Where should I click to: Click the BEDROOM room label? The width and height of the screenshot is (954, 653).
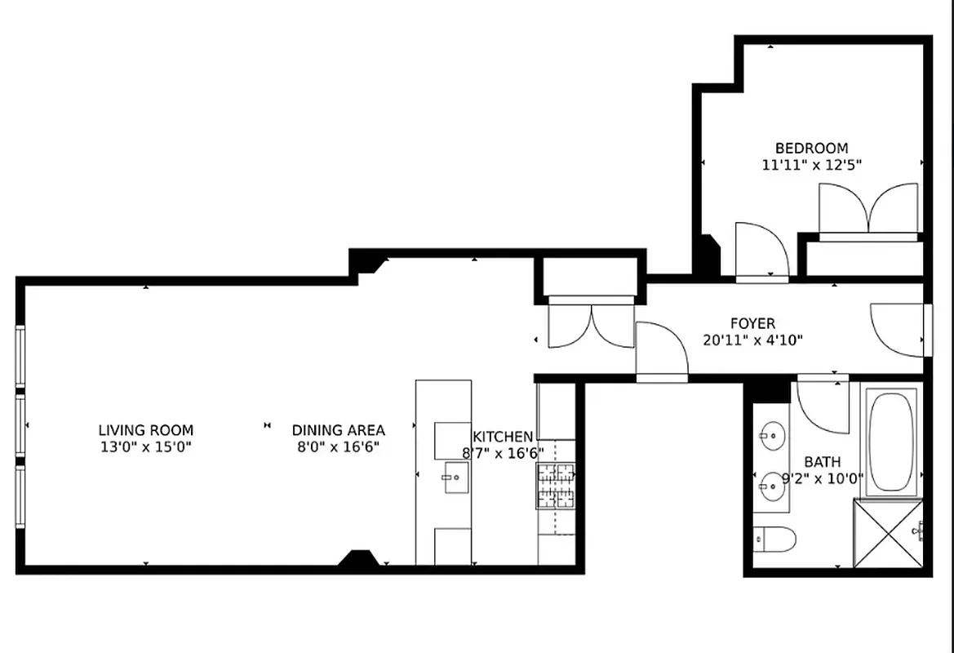point(811,149)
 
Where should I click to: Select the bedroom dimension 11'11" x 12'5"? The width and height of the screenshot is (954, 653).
point(811,164)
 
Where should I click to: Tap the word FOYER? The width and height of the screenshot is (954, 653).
point(752,324)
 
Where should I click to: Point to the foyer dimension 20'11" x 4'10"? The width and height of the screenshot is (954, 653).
point(752,340)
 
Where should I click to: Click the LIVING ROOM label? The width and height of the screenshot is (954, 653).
point(146,430)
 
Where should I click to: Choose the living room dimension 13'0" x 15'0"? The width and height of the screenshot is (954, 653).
point(146,446)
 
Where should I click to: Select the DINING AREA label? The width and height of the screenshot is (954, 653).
point(339,430)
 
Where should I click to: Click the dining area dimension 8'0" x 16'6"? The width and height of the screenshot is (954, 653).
point(339,446)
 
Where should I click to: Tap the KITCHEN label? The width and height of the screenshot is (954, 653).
point(503,438)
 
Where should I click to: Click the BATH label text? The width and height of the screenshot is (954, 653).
point(822,462)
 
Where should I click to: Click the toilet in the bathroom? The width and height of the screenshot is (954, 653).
point(774,539)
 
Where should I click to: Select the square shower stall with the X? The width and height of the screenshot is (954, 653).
point(888,532)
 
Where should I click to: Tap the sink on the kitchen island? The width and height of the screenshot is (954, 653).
point(455,478)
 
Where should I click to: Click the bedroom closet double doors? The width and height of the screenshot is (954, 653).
point(868,210)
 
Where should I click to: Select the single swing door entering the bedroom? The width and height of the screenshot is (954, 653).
point(760,251)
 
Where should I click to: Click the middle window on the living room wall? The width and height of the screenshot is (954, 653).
point(20,424)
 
